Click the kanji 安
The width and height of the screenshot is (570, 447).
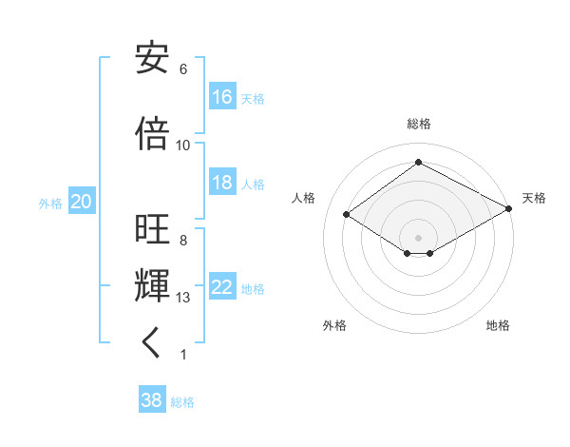click(x=153, y=59)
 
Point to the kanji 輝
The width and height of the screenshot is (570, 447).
click(x=153, y=284)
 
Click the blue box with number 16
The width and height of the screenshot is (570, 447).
click(x=222, y=97)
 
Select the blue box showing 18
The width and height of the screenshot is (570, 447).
click(x=222, y=184)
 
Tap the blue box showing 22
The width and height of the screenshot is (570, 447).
click(x=222, y=287)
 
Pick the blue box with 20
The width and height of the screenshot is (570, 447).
click(x=81, y=202)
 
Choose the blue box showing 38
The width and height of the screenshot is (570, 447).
click(x=152, y=400)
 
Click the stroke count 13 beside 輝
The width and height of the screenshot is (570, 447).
click(x=183, y=298)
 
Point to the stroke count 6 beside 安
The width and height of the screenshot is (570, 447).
click(x=183, y=69)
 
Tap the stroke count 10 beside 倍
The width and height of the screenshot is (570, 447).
click(x=183, y=146)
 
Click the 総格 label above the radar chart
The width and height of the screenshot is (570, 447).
click(x=419, y=125)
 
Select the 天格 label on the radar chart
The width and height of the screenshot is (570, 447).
click(x=534, y=198)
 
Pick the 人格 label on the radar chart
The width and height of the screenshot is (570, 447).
click(x=304, y=198)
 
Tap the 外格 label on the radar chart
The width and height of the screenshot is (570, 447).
click(x=334, y=325)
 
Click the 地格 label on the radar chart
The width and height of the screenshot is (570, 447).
click(x=498, y=325)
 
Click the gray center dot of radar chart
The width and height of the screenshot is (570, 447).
click(x=418, y=236)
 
